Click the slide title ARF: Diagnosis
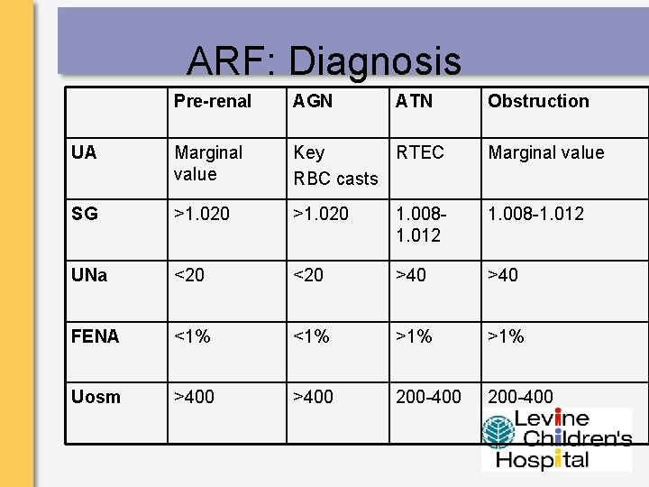tap(324, 61)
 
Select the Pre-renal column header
tap(213, 101)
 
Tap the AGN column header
tap(313, 101)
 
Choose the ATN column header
tap(414, 101)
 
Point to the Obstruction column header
tap(538, 101)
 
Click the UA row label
tap(84, 152)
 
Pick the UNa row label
tap(89, 275)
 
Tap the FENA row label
tap(95, 336)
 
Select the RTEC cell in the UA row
tap(420, 152)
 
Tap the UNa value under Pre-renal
tap(189, 275)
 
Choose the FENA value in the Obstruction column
tap(506, 336)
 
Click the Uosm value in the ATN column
tap(428, 397)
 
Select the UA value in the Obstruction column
tap(545, 152)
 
